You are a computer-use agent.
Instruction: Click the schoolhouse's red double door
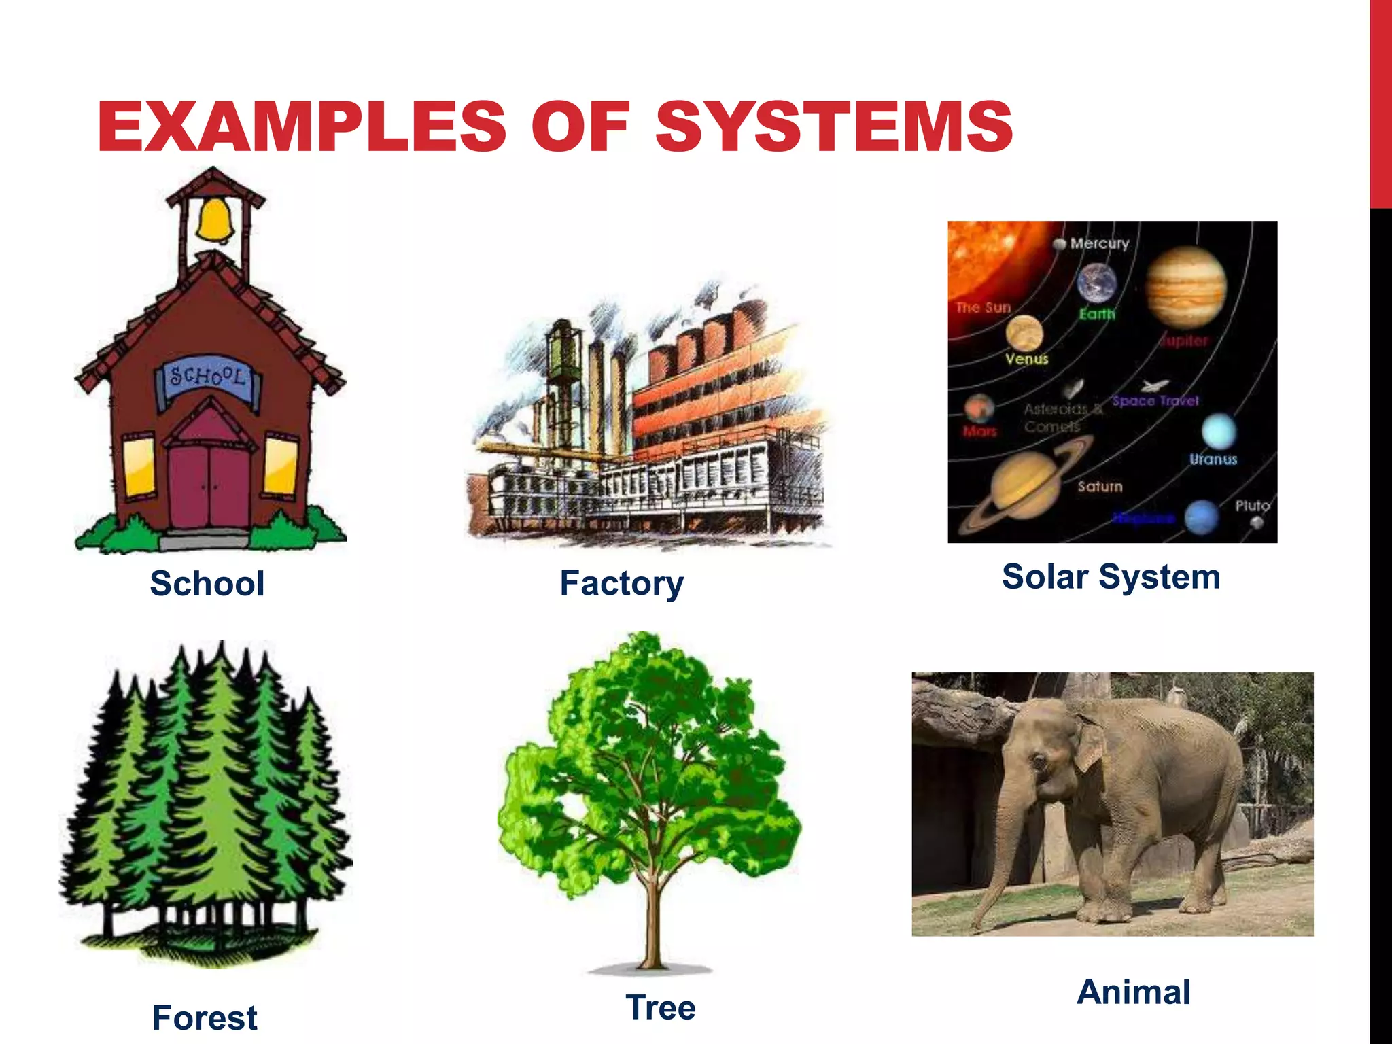[210, 483]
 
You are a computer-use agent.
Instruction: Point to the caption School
[207, 583]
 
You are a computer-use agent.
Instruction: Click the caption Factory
[621, 583]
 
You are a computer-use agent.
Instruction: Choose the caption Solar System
[1111, 576]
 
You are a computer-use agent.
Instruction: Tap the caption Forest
[205, 1017]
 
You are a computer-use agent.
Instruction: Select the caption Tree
[661, 1007]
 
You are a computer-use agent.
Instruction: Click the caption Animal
[1134, 992]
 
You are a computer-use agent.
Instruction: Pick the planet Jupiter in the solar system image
[1186, 287]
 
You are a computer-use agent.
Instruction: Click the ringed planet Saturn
[1026, 488]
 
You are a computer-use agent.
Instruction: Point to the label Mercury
[1099, 243]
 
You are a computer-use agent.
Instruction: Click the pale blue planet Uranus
[1219, 431]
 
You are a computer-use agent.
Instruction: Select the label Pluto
[1252, 506]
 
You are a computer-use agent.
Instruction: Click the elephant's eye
[1039, 759]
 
